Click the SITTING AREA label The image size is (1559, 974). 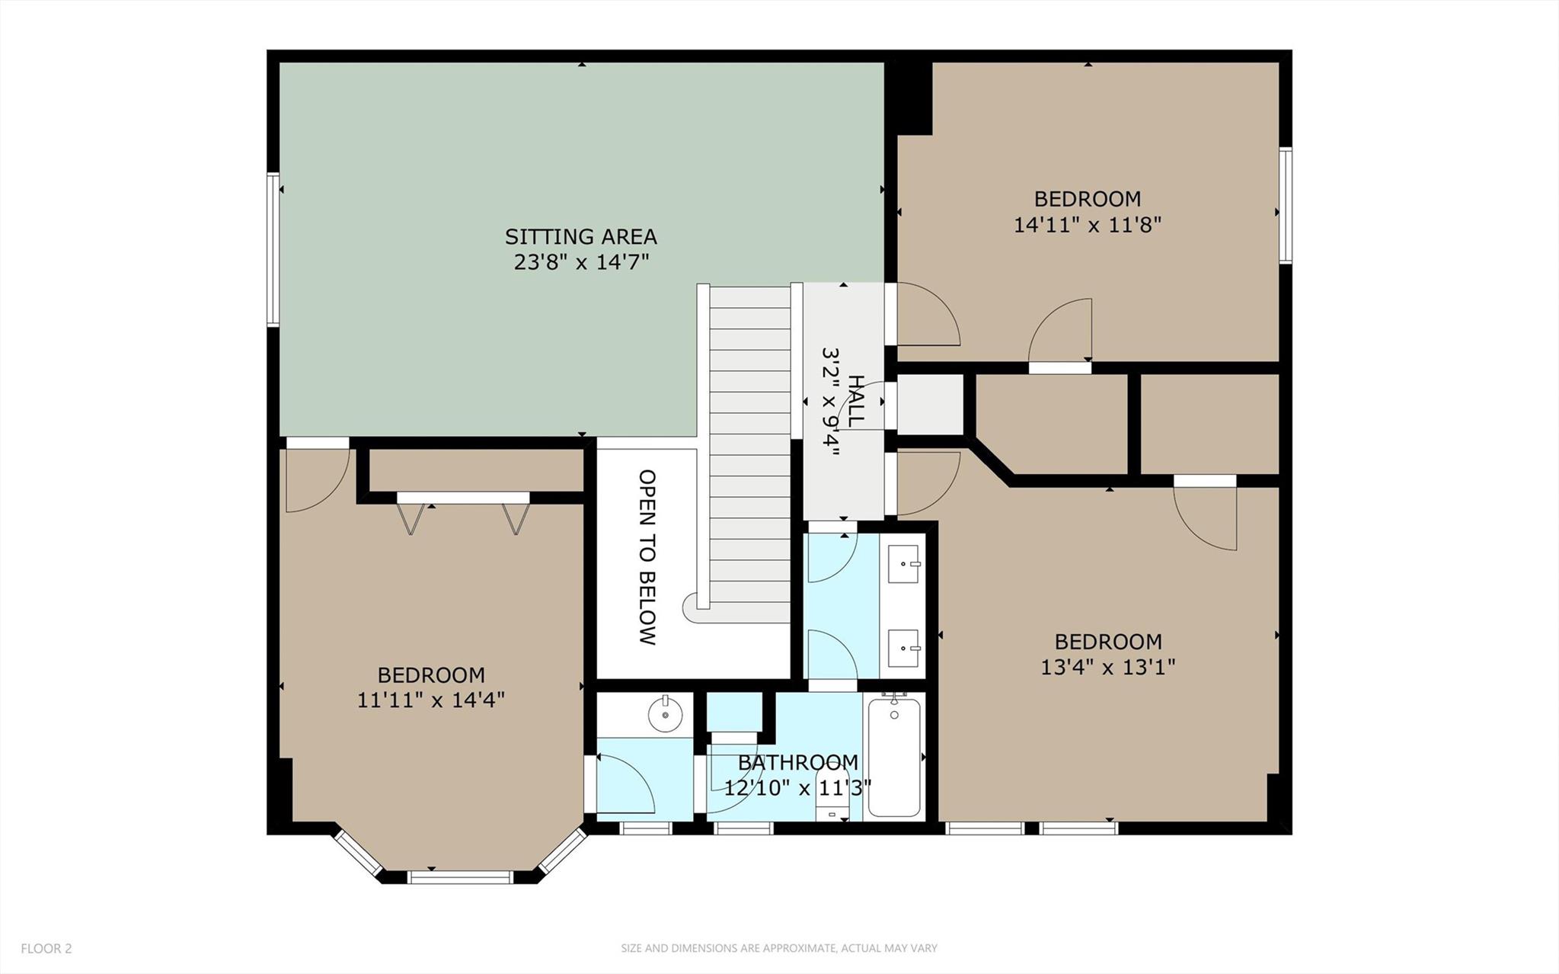click(580, 236)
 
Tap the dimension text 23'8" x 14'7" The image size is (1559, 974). click(580, 263)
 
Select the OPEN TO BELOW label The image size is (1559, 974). click(647, 557)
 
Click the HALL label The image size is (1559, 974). click(855, 401)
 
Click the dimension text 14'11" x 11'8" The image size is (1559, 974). click(1087, 225)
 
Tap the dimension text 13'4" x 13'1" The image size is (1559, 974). click(1107, 668)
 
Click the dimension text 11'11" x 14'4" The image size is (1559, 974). click(431, 700)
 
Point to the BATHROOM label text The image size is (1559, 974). click(797, 762)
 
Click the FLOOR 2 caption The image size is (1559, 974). click(46, 949)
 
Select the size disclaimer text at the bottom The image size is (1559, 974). click(778, 949)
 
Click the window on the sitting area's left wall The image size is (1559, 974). click(272, 250)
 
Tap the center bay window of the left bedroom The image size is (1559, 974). click(460, 877)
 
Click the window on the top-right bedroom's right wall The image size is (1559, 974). click(1285, 206)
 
